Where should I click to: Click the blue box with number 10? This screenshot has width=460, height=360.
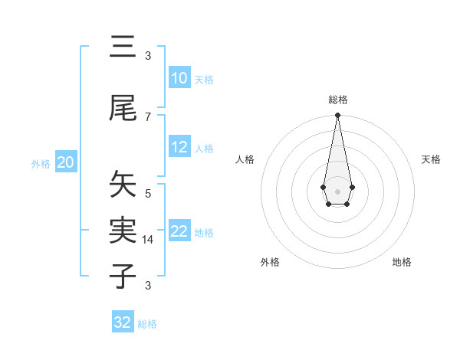179,78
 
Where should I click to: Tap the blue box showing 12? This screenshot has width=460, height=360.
179,148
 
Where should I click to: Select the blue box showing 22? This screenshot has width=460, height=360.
179,232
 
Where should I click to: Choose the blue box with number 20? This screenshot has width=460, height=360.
66,162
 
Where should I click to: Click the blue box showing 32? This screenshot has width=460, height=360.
123,322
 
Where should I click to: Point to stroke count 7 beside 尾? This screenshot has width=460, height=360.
148,116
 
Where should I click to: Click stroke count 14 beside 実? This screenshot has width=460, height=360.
148,239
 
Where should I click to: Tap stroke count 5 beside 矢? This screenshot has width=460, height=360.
148,193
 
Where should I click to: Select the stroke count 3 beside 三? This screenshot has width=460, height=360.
148,55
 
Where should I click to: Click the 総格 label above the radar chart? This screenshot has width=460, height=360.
337,100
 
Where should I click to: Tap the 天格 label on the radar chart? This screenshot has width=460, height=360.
431,159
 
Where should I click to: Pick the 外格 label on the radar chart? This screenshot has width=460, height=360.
270,262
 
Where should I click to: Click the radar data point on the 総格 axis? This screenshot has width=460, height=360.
337,116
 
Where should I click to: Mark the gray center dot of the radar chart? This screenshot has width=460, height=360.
337,190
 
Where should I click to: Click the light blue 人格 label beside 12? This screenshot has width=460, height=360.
204,149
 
